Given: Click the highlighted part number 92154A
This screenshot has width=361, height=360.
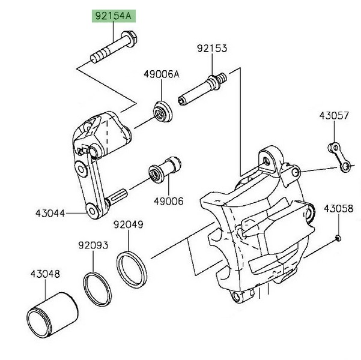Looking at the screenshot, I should coord(112,16).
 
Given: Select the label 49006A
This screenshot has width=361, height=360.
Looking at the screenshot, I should coord(162,74).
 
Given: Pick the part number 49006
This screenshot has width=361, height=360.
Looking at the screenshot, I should coord(170,202).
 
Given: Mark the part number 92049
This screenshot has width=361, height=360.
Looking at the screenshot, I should coord(129,225).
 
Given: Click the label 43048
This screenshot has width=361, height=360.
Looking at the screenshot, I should coord(45,274).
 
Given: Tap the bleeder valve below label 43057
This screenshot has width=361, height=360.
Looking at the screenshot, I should coord(339,157).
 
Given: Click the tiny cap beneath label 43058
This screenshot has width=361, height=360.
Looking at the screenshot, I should coord(339,238).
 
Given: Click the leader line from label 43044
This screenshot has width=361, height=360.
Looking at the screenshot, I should coord(75,212).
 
